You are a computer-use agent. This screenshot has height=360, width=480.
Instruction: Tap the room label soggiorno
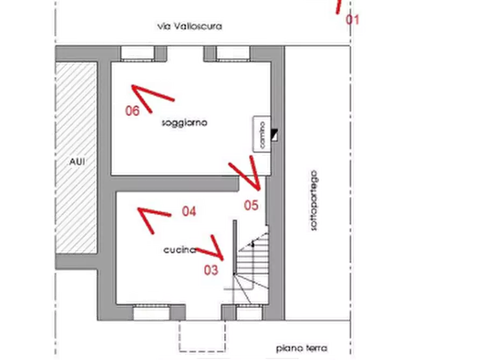(184, 123)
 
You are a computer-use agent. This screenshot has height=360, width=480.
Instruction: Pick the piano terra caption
(301, 348)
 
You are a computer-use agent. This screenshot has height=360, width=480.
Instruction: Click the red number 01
(353, 20)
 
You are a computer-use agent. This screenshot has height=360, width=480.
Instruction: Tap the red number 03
(211, 270)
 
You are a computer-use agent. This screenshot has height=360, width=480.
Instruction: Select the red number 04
(188, 211)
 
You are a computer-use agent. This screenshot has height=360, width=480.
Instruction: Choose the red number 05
(251, 205)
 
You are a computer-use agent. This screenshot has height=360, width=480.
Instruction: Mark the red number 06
(132, 111)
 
